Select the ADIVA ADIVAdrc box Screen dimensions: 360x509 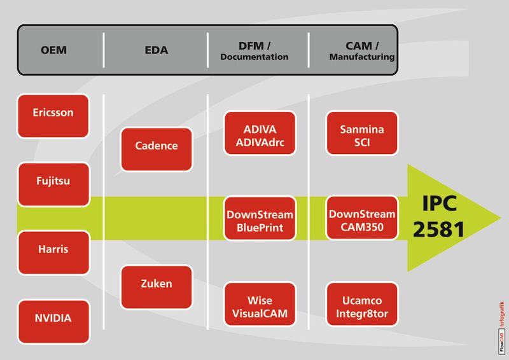pyautogui.click(x=260, y=133)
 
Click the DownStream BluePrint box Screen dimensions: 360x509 pyautogui.click(x=260, y=219)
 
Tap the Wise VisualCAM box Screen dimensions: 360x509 pyautogui.click(x=260, y=305)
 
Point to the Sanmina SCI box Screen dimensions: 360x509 pyautogui.click(x=362, y=133)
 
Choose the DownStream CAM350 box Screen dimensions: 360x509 pyautogui.click(x=362, y=219)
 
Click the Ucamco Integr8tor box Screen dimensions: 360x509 pyautogui.click(x=362, y=305)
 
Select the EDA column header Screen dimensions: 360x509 pyautogui.click(x=156, y=50)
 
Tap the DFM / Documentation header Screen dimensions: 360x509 pyautogui.click(x=254, y=50)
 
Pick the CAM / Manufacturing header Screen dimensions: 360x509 pyautogui.click(x=361, y=50)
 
